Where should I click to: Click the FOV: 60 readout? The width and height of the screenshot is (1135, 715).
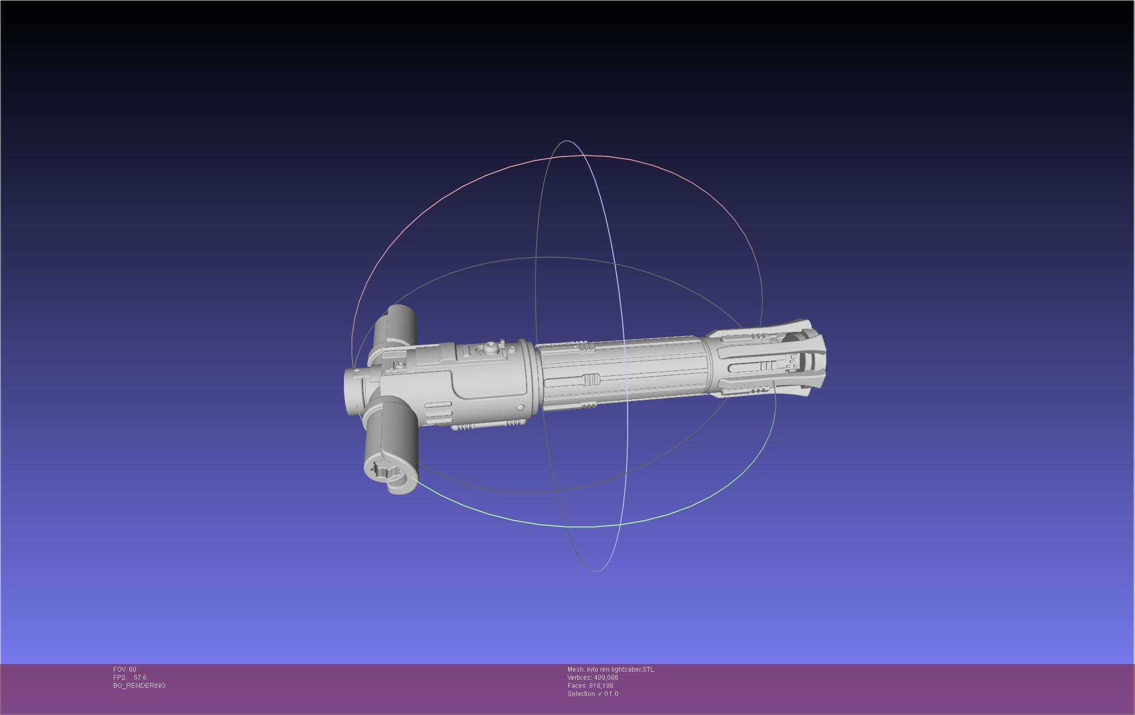[x=125, y=669]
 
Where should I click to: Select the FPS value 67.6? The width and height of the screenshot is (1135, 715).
[x=140, y=678]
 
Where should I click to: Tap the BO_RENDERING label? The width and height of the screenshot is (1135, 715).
[x=139, y=686]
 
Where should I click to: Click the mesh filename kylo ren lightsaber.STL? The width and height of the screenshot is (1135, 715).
[x=621, y=669]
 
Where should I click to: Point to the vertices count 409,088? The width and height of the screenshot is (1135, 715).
[x=606, y=678]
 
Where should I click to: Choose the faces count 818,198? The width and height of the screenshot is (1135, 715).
[x=601, y=686]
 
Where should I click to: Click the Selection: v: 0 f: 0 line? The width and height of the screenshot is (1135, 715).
[x=592, y=694]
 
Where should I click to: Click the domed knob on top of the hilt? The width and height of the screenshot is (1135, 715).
[x=490, y=347]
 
